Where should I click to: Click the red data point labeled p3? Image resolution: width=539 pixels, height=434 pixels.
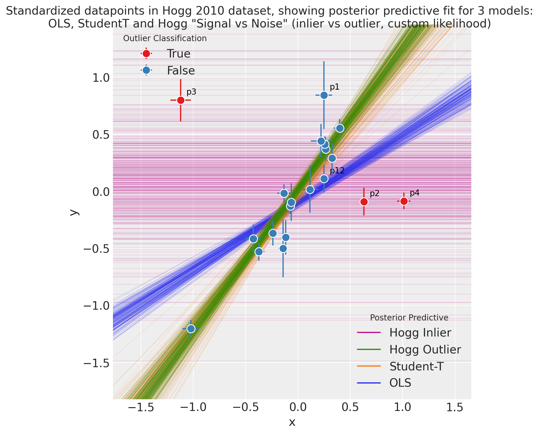pyautogui.click(x=181, y=100)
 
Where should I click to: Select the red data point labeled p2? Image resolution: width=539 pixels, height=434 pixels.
pyautogui.click(x=364, y=202)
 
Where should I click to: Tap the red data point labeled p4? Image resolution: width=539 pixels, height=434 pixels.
pyautogui.click(x=404, y=201)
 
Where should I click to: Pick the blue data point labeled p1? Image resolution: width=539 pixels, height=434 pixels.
pyautogui.click(x=324, y=95)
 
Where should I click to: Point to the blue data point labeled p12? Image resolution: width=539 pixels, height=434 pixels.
pyautogui.click(x=324, y=179)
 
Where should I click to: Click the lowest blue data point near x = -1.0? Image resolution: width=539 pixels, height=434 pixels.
pyautogui.click(x=191, y=329)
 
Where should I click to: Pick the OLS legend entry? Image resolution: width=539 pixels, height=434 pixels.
pyautogui.click(x=400, y=383)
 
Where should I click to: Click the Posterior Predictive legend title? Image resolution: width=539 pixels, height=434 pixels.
pyautogui.click(x=409, y=318)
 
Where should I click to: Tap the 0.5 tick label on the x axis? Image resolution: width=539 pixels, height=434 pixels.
pyautogui.click(x=350, y=408)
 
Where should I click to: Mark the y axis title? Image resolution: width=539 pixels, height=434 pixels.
pyautogui.click(x=75, y=212)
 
